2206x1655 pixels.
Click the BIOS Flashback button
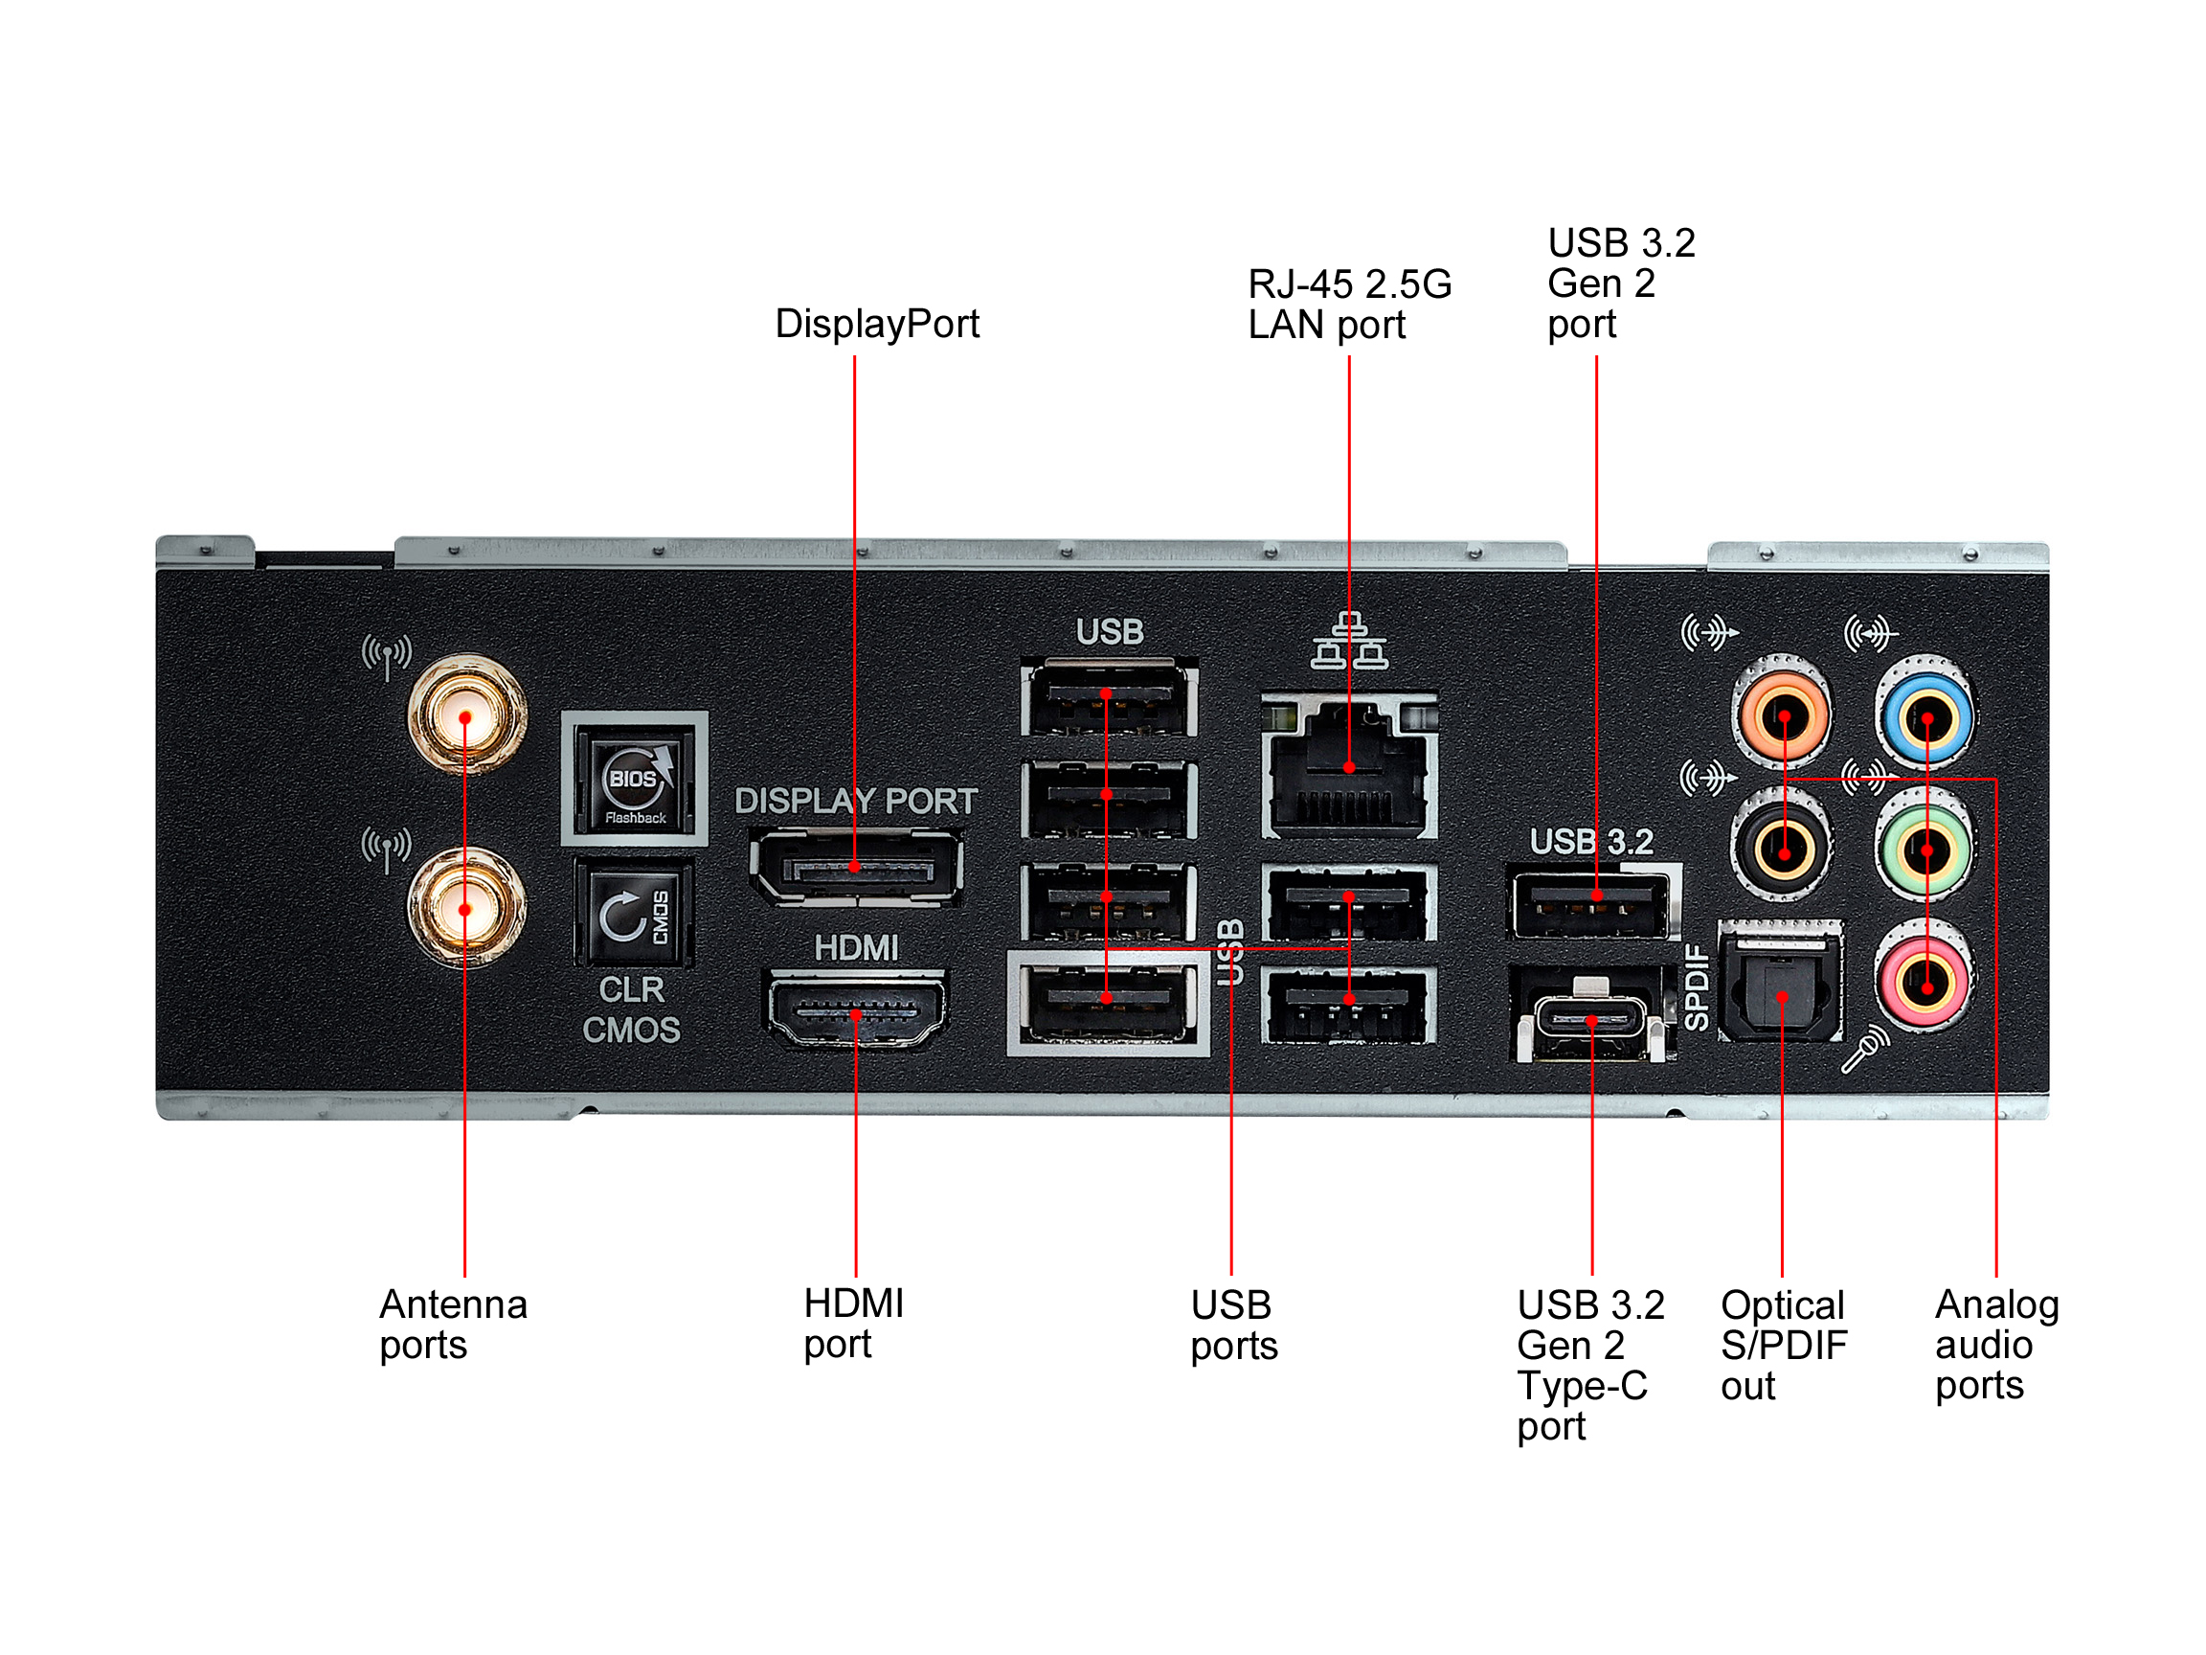click(634, 779)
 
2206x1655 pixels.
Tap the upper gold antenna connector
click(465, 715)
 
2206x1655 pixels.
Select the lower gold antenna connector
click(465, 908)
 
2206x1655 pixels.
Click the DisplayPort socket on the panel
click(856, 867)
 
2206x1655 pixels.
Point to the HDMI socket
click(856, 1011)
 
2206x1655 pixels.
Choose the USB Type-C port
click(1591, 1021)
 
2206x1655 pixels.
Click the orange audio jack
click(1783, 715)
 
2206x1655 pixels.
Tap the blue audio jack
click(1925, 717)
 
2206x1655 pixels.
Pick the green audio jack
click(1925, 849)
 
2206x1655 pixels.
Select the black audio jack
click(1783, 849)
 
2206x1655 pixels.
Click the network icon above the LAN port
click(1348, 641)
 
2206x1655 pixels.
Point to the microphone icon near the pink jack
click(1864, 1051)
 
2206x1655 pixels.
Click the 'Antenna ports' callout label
click(453, 1324)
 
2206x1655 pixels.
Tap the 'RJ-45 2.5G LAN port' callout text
click(1348, 305)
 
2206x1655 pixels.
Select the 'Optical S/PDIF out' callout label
click(1783, 1345)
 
